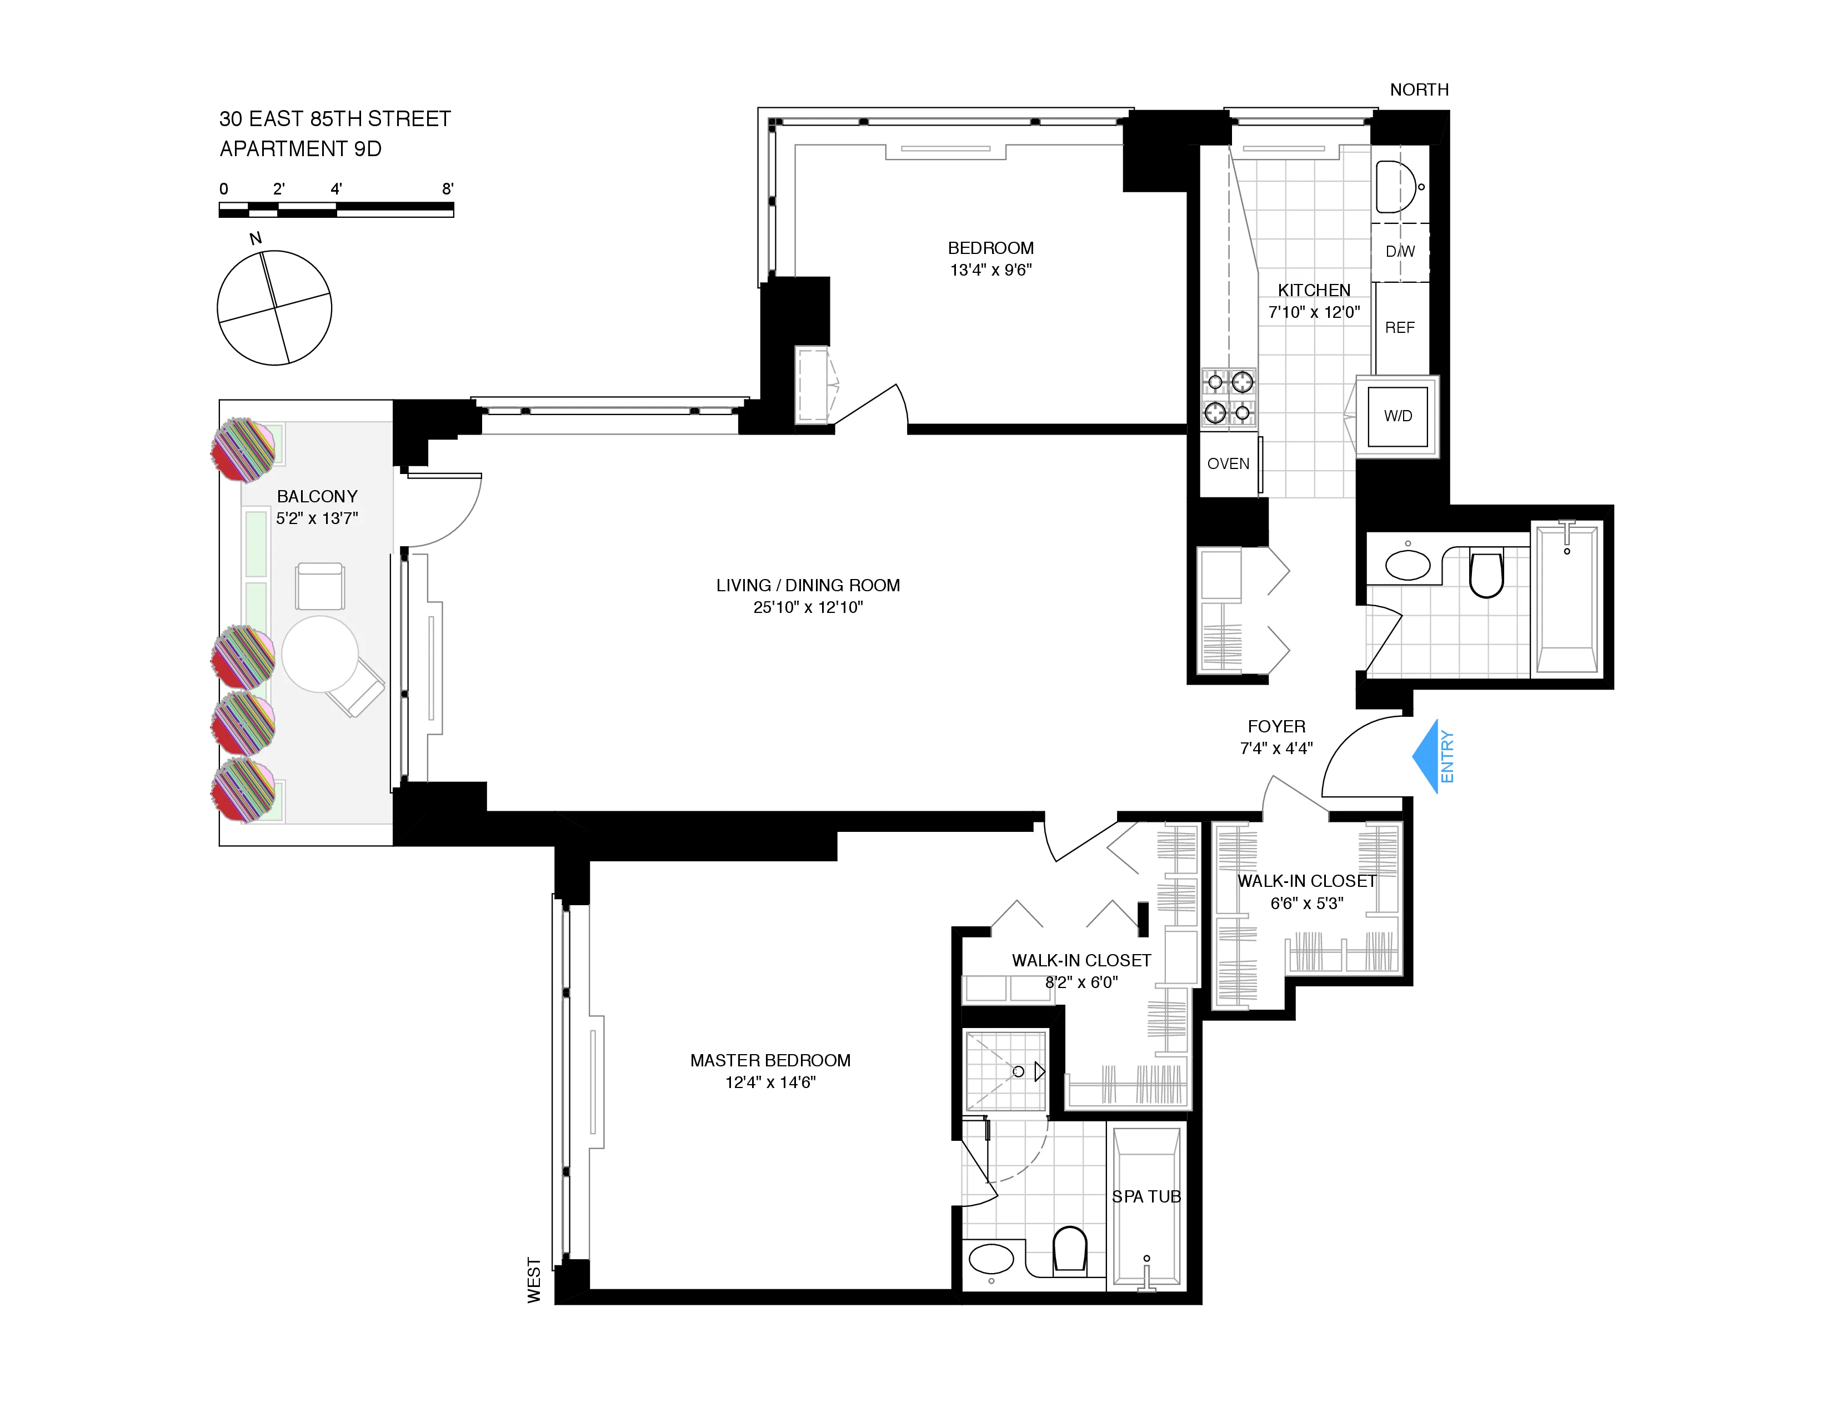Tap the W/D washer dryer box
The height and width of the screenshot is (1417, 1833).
(x=1398, y=416)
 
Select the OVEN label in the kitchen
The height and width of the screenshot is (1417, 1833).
(x=1228, y=463)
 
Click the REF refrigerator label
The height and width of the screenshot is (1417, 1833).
(x=1399, y=327)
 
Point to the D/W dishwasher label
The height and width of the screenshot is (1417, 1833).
(x=1399, y=251)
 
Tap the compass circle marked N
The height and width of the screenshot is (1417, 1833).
(x=274, y=307)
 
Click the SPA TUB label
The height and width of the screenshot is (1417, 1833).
(x=1145, y=1196)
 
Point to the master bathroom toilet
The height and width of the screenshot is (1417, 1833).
(x=1069, y=1248)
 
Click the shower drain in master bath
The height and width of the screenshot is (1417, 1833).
(x=1018, y=1072)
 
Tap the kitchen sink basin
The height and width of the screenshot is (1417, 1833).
(x=1395, y=186)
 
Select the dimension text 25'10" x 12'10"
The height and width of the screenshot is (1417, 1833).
(x=808, y=607)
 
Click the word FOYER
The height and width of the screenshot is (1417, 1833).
(x=1276, y=726)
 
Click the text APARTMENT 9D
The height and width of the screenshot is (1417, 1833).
(x=301, y=148)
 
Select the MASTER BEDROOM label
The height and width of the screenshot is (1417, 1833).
(x=770, y=1060)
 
